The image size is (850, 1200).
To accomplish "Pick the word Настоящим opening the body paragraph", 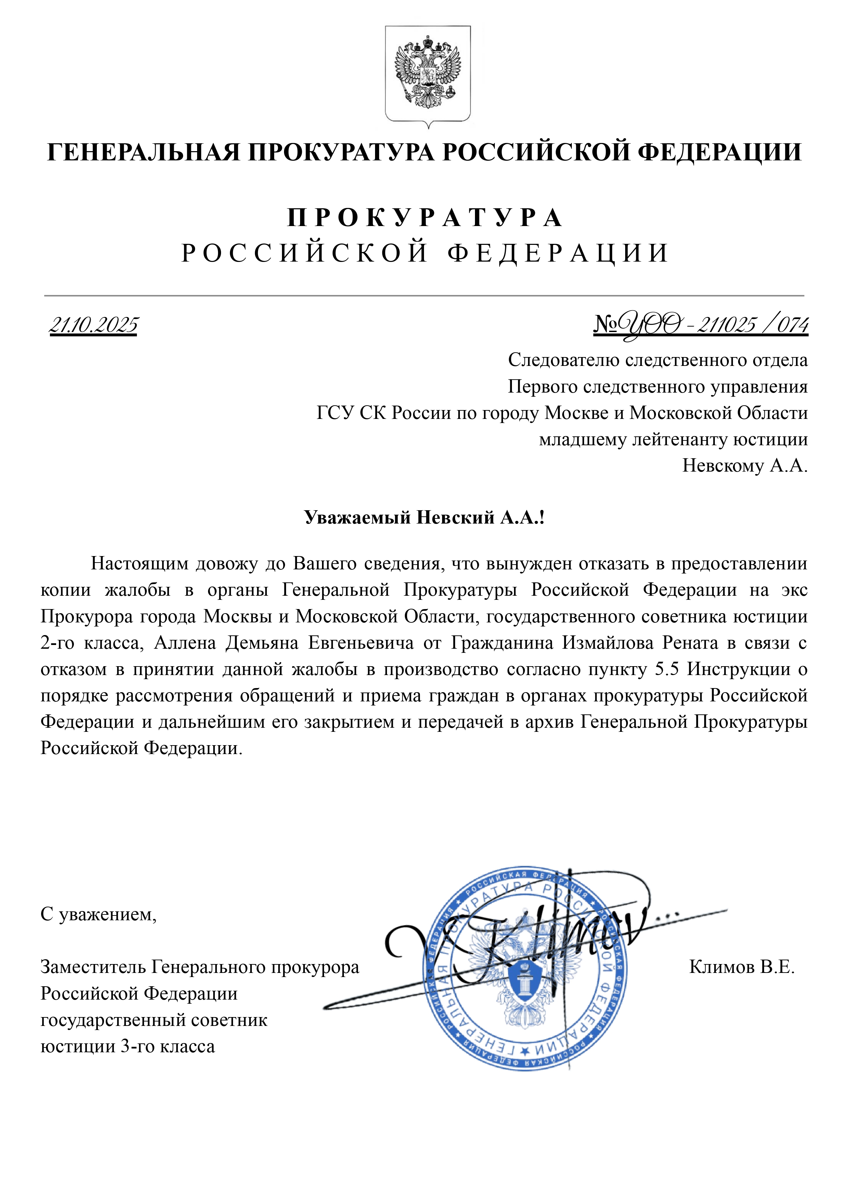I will point(138,563).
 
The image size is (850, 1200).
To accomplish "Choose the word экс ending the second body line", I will point(794,590).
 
